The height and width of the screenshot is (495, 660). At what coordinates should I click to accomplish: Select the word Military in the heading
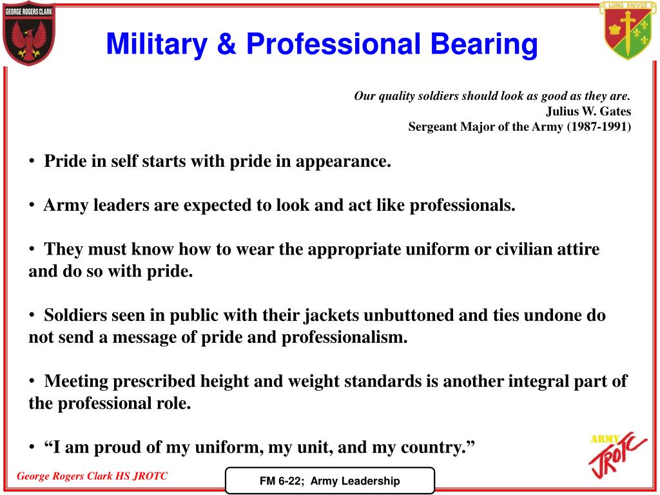tap(157, 44)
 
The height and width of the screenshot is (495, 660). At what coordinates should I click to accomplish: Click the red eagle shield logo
tap(29, 32)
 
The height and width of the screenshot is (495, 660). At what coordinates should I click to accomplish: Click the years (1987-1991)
tap(599, 127)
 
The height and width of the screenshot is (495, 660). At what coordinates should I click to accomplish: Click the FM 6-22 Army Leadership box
tap(329, 481)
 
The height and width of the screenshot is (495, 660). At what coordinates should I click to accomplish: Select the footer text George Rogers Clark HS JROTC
tap(92, 476)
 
